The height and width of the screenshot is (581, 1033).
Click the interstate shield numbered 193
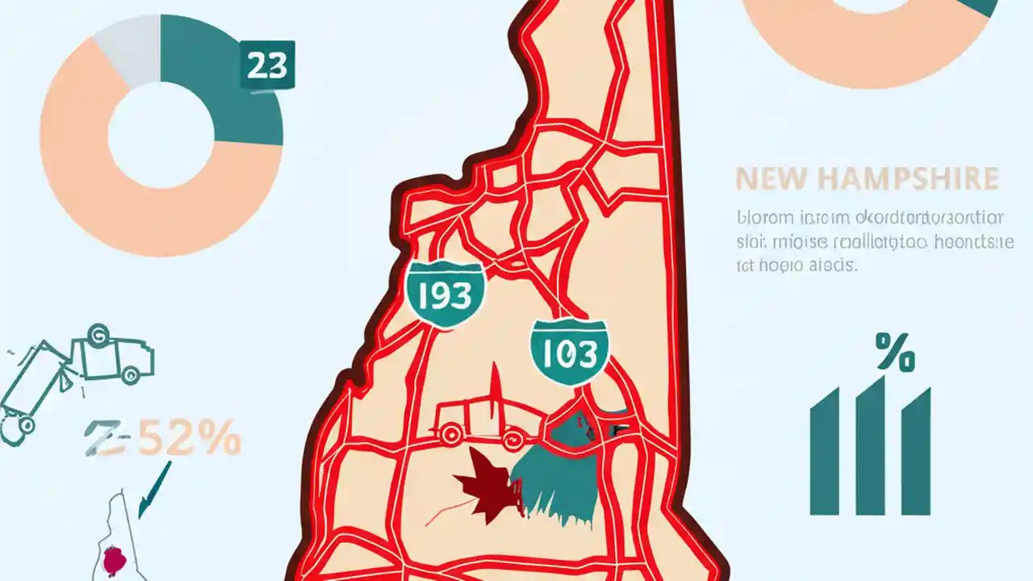pos(445,295)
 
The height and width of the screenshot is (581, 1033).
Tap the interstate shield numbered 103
pos(569,353)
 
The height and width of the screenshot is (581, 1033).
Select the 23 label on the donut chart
pos(267,66)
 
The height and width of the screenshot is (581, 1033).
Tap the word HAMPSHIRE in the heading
pos(904,179)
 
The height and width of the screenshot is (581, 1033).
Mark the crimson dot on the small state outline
pos(116,559)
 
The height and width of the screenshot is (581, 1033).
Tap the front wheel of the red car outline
pos(510,440)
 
